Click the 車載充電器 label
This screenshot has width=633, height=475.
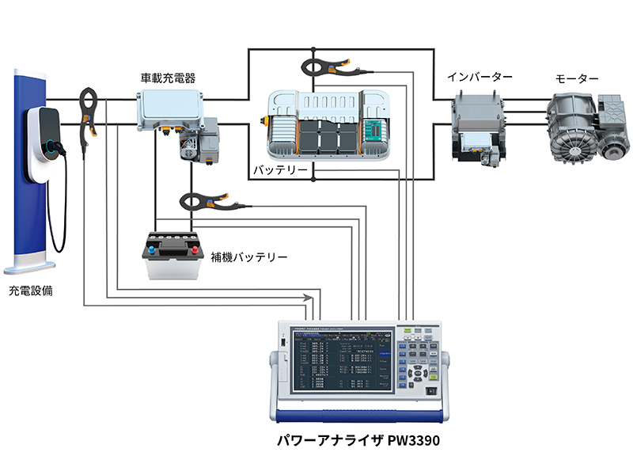click(x=168, y=78)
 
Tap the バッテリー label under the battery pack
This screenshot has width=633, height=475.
click(x=279, y=170)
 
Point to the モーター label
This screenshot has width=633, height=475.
click(x=577, y=78)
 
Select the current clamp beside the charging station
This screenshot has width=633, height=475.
click(x=88, y=111)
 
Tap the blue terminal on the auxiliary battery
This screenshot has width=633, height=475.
click(x=151, y=248)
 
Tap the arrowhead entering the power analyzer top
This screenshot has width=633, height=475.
click(x=306, y=297)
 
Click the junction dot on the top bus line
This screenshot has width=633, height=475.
click(x=313, y=49)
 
